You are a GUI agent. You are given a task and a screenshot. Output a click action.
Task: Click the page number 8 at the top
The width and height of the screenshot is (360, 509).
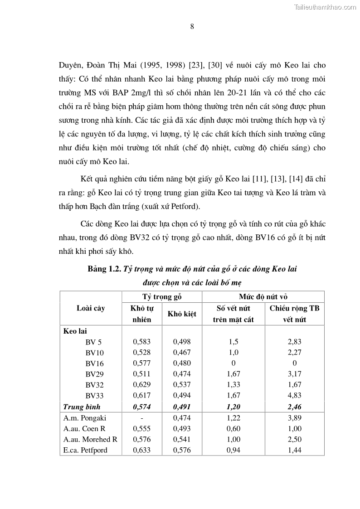coord(192,26)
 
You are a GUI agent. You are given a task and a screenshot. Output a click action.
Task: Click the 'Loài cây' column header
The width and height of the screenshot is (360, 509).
coord(91,308)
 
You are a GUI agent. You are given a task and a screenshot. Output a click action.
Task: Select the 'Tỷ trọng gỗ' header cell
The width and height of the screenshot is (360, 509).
coord(162,297)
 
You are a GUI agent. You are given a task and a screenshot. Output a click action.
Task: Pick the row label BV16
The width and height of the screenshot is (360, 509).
coord(94,363)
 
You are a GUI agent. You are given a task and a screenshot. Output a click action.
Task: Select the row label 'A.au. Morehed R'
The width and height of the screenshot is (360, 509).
coord(90,439)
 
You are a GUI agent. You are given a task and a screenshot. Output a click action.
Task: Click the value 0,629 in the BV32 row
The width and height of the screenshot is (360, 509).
coord(141,385)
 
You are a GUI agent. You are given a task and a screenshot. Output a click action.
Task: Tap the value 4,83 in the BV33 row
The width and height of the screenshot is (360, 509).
coord(294,396)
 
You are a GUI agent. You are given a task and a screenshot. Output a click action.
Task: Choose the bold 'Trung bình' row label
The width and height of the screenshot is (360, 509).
coord(82,407)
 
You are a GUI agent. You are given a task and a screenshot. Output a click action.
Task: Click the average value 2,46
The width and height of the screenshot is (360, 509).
coord(294,407)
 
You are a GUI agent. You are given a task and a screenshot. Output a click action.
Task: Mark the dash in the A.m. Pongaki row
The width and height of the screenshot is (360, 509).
coord(141,417)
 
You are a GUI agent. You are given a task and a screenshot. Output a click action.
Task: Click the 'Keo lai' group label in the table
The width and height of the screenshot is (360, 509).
coord(75,331)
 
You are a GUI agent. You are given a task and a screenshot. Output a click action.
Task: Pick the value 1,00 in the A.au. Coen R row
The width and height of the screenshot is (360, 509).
coord(294,428)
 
